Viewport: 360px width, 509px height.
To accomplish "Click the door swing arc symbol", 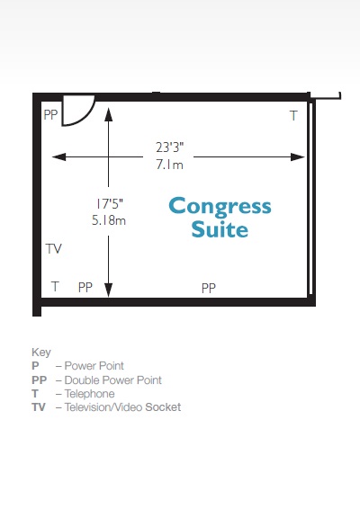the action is pyautogui.click(x=88, y=116).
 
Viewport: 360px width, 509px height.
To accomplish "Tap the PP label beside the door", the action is pyautogui.click(x=50, y=114).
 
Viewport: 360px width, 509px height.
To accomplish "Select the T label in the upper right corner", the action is pyautogui.click(x=293, y=116).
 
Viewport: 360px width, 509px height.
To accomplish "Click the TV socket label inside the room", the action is pyautogui.click(x=54, y=249).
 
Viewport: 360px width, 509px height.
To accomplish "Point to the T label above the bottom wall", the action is pyautogui.click(x=55, y=287).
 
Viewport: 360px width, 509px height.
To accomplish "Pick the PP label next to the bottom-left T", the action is pyautogui.click(x=85, y=287).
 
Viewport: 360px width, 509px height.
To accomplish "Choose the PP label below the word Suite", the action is pyautogui.click(x=209, y=288).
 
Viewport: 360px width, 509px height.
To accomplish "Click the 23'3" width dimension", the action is pyautogui.click(x=169, y=147).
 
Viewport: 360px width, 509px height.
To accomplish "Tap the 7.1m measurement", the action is pyautogui.click(x=169, y=165).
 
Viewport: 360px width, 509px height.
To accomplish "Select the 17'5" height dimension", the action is pyautogui.click(x=109, y=204).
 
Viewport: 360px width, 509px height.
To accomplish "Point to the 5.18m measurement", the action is pyautogui.click(x=109, y=220).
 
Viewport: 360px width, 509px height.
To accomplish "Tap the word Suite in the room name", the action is pyautogui.click(x=220, y=229).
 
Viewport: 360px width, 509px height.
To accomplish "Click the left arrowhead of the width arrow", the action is pyautogui.click(x=58, y=157).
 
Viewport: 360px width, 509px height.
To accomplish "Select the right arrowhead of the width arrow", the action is pyautogui.click(x=298, y=157).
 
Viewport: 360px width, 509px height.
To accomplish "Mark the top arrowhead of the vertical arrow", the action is pyautogui.click(x=109, y=114).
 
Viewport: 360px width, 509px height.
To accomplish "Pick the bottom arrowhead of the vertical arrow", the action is pyautogui.click(x=109, y=290).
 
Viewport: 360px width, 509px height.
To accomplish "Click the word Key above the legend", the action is pyautogui.click(x=41, y=353).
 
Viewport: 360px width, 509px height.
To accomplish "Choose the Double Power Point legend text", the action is pyautogui.click(x=113, y=380).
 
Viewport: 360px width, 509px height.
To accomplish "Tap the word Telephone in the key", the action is pyautogui.click(x=90, y=393).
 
